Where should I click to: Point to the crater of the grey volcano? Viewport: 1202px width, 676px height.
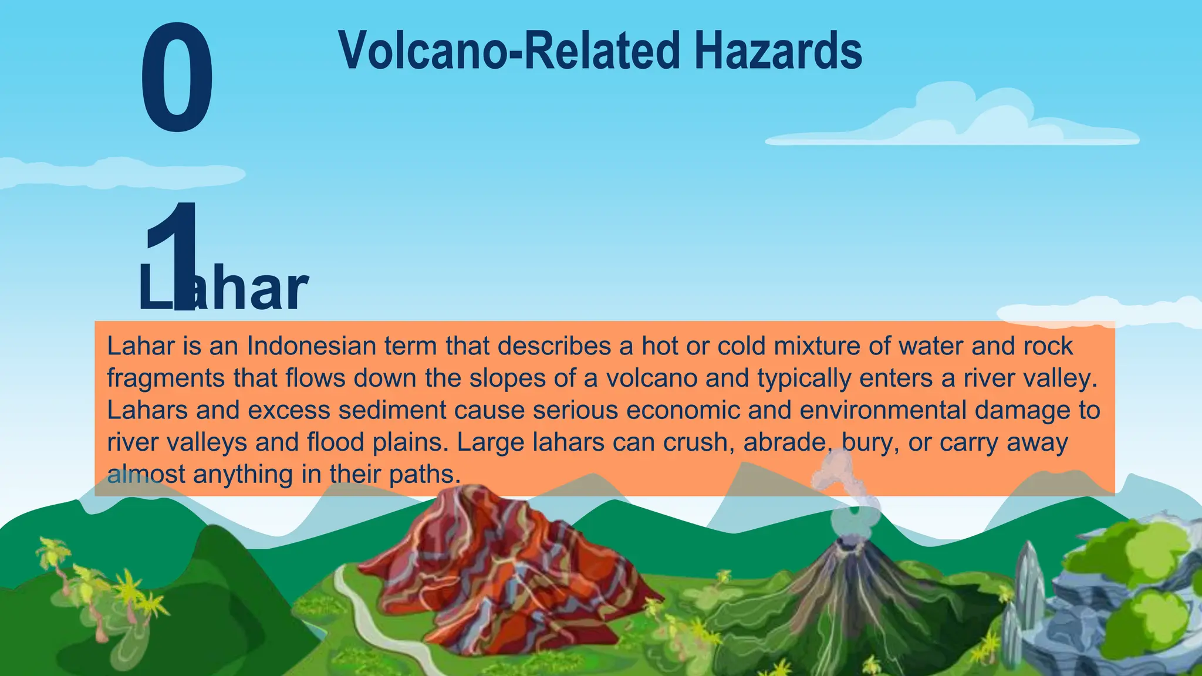pos(847,543)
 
